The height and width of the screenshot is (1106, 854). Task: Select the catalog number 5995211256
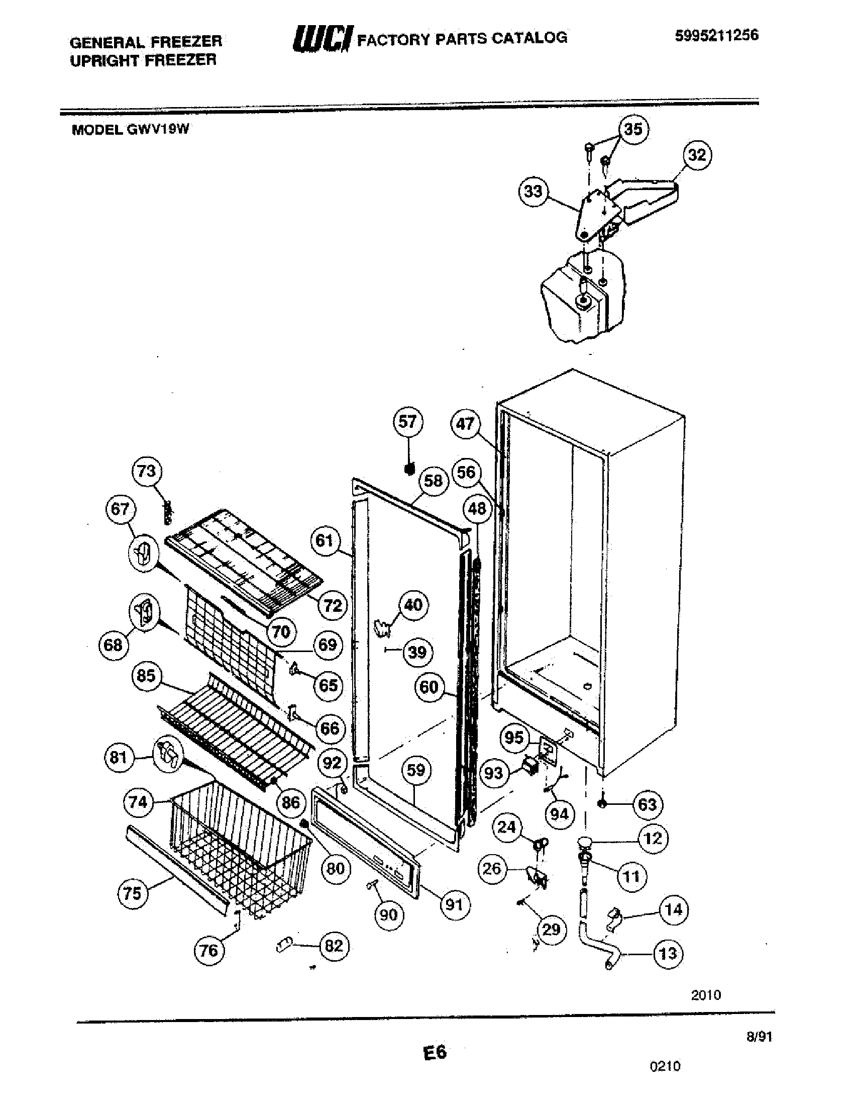(716, 36)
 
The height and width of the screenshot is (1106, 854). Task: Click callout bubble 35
(633, 129)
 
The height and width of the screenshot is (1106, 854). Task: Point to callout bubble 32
(697, 154)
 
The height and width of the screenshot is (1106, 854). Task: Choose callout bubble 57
(407, 421)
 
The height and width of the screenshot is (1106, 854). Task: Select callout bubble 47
(465, 423)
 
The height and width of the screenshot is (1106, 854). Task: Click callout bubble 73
(147, 471)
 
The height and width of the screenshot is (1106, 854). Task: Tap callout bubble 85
(146, 676)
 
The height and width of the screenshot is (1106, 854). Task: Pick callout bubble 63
(648, 804)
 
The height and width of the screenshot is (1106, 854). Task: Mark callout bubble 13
(668, 954)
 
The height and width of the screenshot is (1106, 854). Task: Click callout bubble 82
(334, 946)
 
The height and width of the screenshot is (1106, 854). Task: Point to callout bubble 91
(454, 904)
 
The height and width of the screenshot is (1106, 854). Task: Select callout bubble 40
(413, 605)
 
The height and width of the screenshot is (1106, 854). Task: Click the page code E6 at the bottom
(435, 1052)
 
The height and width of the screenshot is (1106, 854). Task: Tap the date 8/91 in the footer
(760, 1037)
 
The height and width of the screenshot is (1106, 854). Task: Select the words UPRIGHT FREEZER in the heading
(143, 61)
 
